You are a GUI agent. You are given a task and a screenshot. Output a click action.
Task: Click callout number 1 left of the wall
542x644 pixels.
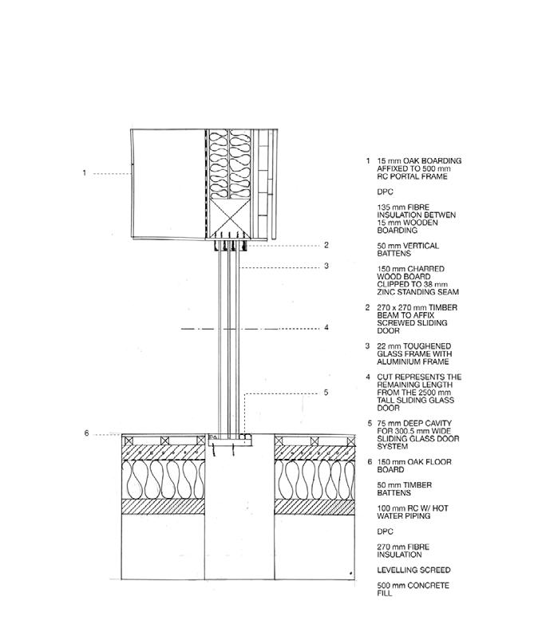click(x=84, y=173)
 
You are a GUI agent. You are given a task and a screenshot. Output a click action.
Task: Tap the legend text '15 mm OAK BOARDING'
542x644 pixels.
click(x=418, y=160)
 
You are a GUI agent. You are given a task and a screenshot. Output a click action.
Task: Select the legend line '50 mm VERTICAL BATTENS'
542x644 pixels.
click(x=408, y=249)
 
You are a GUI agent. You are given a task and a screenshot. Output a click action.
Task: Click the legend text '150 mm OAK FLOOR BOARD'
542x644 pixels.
click(x=414, y=465)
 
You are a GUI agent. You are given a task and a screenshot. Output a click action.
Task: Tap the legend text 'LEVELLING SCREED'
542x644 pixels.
click(x=413, y=570)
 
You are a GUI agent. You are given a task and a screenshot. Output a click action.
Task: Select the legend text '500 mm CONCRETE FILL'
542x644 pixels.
click(x=413, y=590)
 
